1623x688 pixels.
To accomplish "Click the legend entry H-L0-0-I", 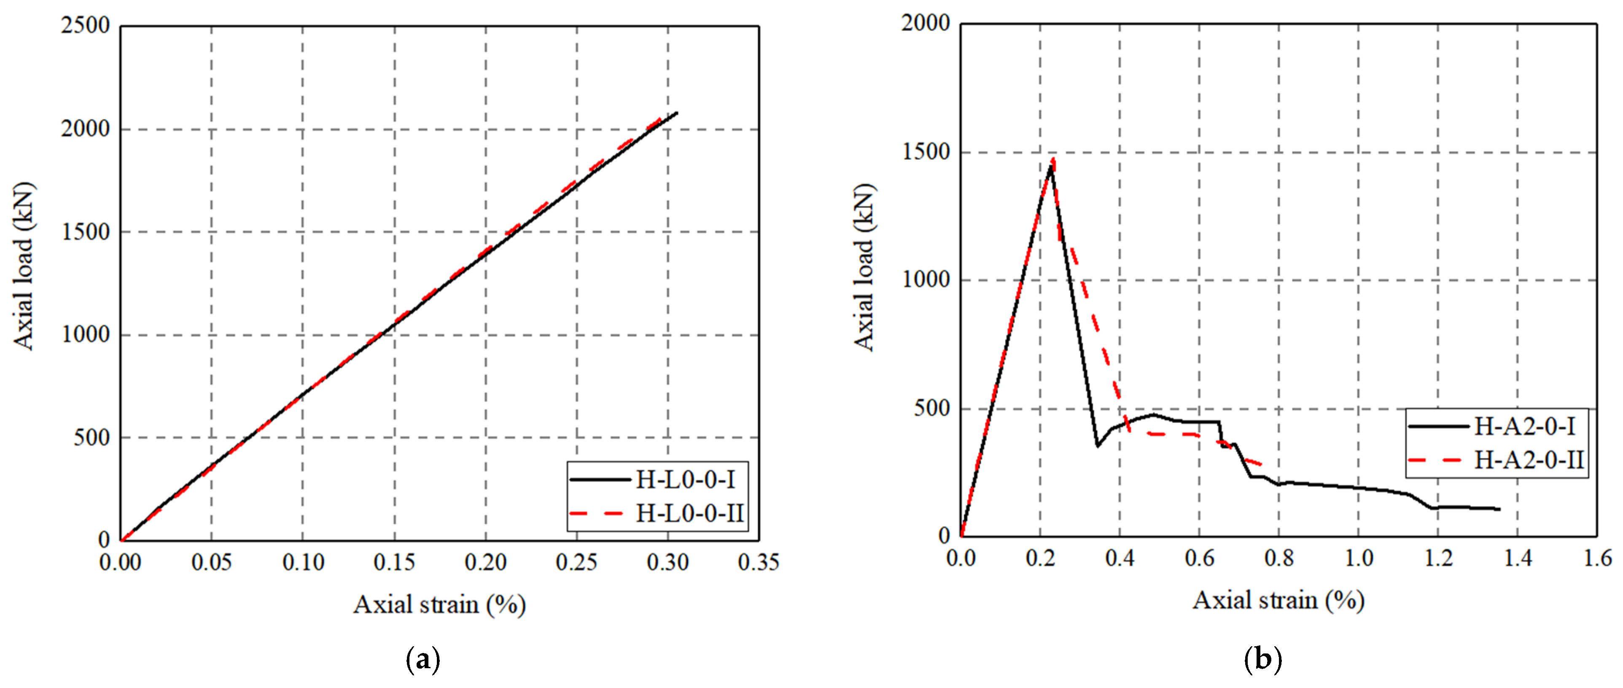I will (x=685, y=480).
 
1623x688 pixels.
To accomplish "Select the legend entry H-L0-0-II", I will (x=690, y=513).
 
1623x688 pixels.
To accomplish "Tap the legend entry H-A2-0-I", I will (x=1524, y=427).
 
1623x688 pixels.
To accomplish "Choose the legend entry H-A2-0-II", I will (x=1529, y=460).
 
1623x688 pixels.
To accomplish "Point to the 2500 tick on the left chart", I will (x=85, y=26).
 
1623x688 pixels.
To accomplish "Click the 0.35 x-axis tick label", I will (x=759, y=562).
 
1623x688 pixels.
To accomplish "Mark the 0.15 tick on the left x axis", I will (x=394, y=562).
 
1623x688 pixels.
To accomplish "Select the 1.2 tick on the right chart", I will (x=1438, y=558).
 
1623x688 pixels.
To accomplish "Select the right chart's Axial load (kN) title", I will (x=864, y=267).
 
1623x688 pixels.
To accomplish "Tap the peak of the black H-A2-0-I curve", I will (x=1050, y=165).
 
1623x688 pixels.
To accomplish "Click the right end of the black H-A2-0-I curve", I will (x=1499, y=509).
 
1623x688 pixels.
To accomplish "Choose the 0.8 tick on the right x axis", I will (x=1279, y=558).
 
